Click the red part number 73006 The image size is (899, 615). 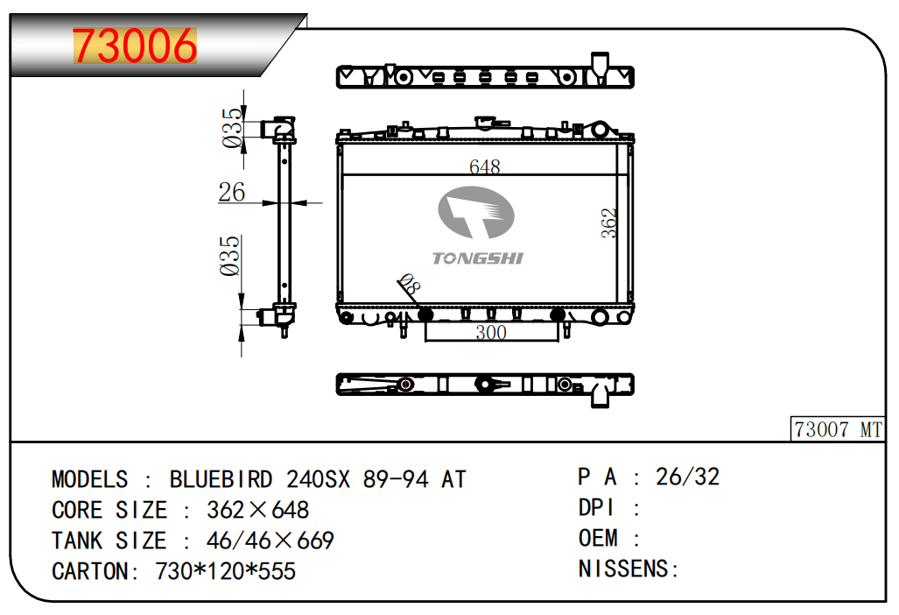click(135, 46)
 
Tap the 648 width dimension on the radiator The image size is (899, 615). click(484, 166)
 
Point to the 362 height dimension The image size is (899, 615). click(609, 223)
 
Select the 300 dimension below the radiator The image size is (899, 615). click(491, 332)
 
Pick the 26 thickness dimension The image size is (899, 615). click(232, 192)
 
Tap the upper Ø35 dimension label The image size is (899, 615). click(232, 128)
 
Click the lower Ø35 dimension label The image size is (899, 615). click(230, 255)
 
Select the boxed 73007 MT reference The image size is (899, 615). click(838, 429)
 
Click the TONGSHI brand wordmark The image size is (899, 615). click(478, 258)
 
